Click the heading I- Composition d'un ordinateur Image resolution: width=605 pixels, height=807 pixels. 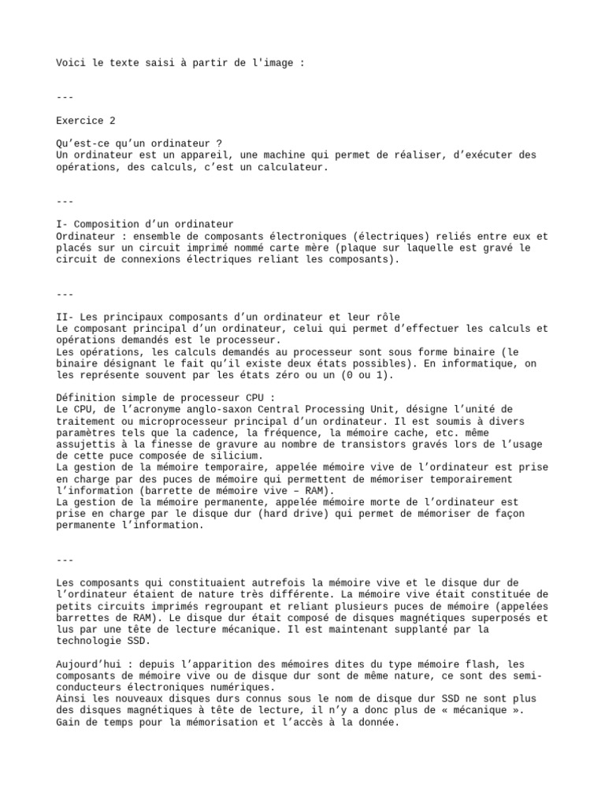pyautogui.click(x=145, y=225)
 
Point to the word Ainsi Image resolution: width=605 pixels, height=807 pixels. pyautogui.click(x=72, y=698)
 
